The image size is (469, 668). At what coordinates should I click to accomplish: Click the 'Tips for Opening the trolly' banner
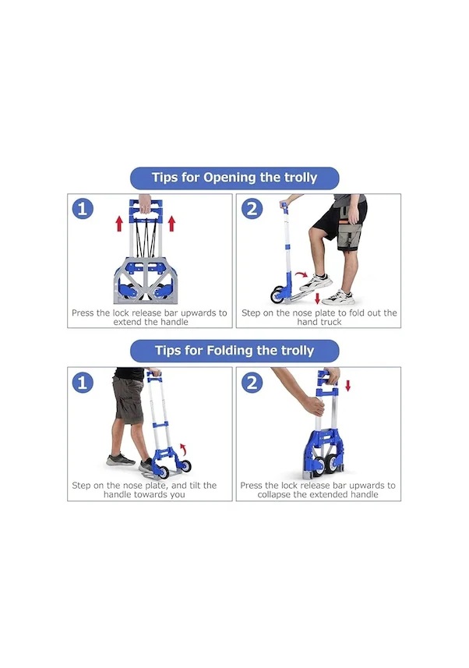[x=235, y=178]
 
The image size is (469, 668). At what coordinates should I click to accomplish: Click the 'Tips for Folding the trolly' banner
[x=235, y=351]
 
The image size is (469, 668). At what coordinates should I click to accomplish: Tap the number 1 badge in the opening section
[x=83, y=209]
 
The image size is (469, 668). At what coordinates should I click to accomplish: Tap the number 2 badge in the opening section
[x=252, y=209]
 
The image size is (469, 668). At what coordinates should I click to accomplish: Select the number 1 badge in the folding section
[x=83, y=382]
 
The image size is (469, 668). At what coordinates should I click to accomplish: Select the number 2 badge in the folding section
[x=252, y=382]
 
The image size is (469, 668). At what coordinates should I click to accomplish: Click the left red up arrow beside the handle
[x=119, y=224]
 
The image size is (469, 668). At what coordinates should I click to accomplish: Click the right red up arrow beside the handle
[x=171, y=224]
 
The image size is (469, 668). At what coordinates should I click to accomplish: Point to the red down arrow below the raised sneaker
[x=317, y=298]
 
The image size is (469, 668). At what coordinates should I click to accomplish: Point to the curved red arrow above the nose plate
[x=301, y=274]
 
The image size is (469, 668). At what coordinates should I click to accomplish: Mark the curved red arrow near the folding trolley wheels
[x=184, y=449]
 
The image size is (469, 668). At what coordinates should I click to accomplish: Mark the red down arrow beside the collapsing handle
[x=348, y=386]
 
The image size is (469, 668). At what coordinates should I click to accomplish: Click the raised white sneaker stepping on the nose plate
[x=316, y=282]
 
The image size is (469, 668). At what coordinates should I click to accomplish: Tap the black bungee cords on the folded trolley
[x=145, y=239]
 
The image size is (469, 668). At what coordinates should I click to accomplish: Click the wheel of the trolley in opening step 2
[x=277, y=295]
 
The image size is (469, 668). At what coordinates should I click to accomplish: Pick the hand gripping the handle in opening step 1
[x=145, y=203]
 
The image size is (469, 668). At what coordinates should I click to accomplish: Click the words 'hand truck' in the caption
[x=319, y=323]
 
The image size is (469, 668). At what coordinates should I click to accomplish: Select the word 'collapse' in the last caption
[x=273, y=495]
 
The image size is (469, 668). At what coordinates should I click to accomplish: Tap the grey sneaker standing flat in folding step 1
[x=121, y=460]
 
